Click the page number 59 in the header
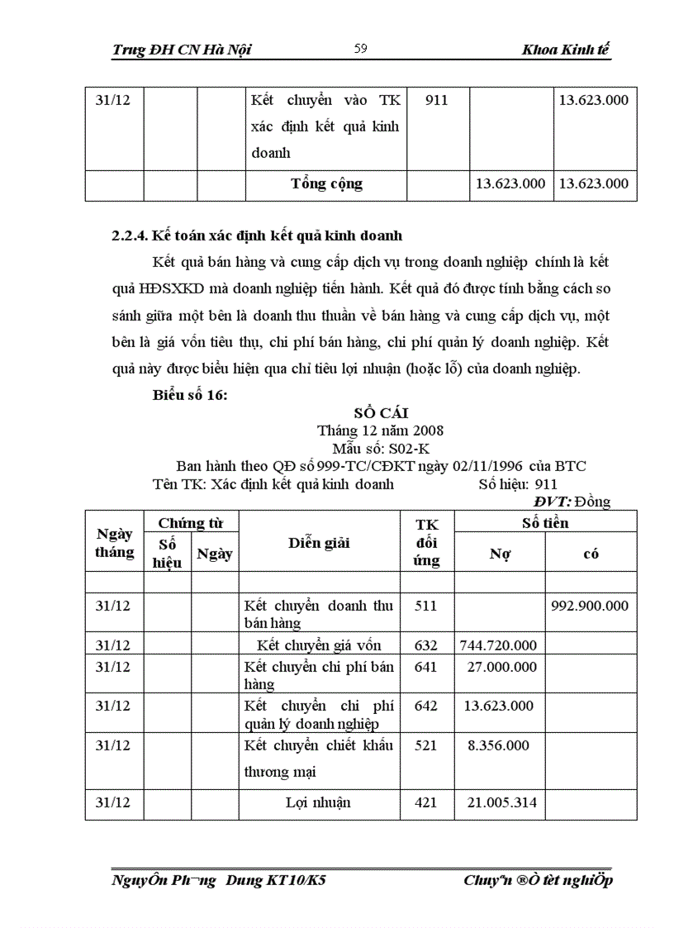click(x=360, y=50)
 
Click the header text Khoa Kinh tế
click(x=566, y=50)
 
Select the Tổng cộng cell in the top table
click(x=326, y=183)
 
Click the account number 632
click(x=425, y=645)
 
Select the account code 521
click(x=425, y=745)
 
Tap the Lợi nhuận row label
click(x=318, y=802)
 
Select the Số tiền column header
click(x=545, y=523)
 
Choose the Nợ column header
click(x=499, y=554)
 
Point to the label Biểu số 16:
click(x=190, y=394)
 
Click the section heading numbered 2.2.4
click(x=257, y=236)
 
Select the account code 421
click(x=425, y=802)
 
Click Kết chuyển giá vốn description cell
click(x=318, y=645)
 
